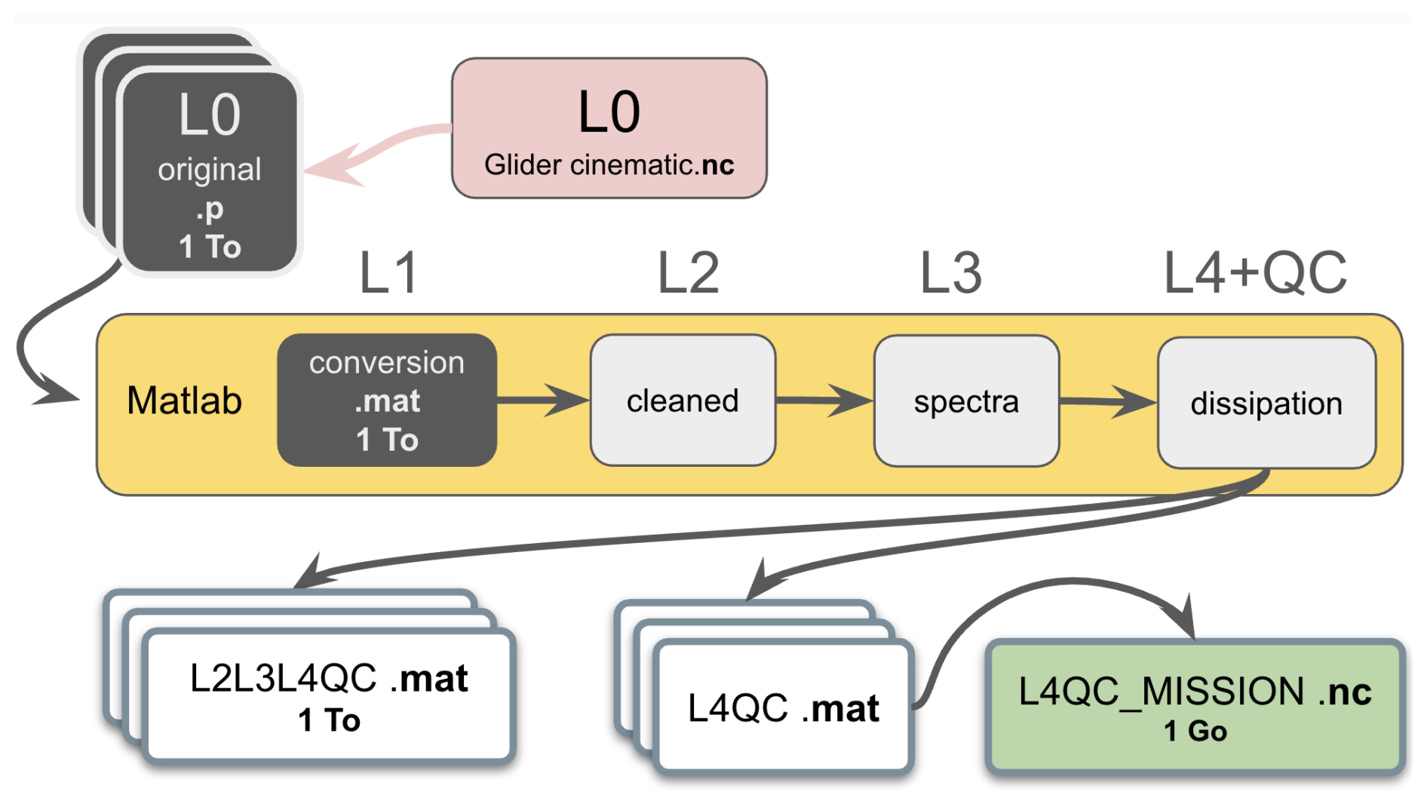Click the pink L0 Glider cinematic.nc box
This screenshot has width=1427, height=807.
tap(609, 128)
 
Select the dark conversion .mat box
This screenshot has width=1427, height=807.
tap(387, 400)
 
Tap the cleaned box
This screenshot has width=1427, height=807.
tap(683, 400)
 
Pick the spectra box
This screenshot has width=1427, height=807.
tap(966, 401)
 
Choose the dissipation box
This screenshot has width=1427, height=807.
tap(1266, 403)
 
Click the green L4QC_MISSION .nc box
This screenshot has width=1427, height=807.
tap(1195, 707)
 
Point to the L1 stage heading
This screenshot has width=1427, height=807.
tap(388, 273)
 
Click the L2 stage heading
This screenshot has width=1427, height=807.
tap(688, 273)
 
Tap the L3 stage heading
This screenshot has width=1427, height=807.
tap(951, 273)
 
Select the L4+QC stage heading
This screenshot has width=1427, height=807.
tap(1255, 273)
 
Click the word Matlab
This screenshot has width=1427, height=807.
tap(184, 400)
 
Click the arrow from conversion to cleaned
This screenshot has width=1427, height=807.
tap(543, 400)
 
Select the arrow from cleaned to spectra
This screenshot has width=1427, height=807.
tap(825, 400)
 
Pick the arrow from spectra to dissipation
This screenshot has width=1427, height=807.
tap(1109, 401)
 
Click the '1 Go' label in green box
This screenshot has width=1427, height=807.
tap(1195, 731)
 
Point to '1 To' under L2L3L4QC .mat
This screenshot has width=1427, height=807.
tap(329, 720)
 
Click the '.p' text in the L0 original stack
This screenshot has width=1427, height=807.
tap(210, 209)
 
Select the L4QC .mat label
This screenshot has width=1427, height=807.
tap(783, 708)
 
